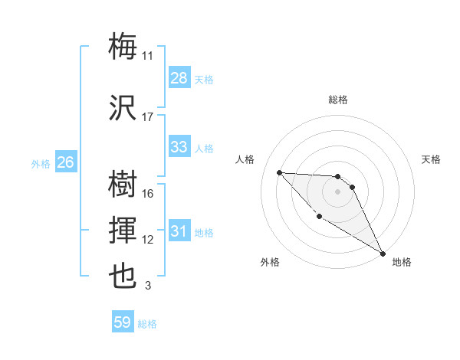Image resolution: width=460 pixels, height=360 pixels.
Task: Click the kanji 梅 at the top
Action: [123, 47]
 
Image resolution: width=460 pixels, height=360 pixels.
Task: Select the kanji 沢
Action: [123, 108]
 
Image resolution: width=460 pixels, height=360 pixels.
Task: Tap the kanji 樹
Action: [123, 185]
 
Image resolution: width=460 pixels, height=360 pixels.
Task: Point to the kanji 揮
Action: [123, 231]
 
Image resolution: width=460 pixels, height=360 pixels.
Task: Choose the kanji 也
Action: [123, 277]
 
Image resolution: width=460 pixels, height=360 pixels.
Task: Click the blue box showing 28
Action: [179, 78]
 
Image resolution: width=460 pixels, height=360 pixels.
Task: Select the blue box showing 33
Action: [179, 147]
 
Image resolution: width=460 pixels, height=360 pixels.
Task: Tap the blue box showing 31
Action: [179, 231]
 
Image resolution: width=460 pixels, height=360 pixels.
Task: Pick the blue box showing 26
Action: [65, 162]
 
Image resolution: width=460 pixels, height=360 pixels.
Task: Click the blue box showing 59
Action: [123, 323]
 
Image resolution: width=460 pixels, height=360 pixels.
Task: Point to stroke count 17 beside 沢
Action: [148, 117]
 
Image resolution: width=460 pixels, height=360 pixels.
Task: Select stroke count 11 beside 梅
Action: [148, 56]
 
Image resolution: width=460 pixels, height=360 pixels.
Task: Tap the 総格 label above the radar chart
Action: [338, 100]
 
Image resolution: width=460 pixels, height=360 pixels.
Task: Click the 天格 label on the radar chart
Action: [432, 159]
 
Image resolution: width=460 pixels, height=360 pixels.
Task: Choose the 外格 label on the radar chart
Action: [270, 262]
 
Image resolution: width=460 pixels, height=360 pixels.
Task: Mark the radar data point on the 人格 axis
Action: [280, 172]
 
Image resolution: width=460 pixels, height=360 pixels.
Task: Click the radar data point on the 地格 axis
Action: [383, 254]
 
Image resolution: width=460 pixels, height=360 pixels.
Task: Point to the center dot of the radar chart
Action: [338, 191]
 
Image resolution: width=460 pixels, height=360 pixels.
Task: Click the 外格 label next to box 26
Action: [40, 163]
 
